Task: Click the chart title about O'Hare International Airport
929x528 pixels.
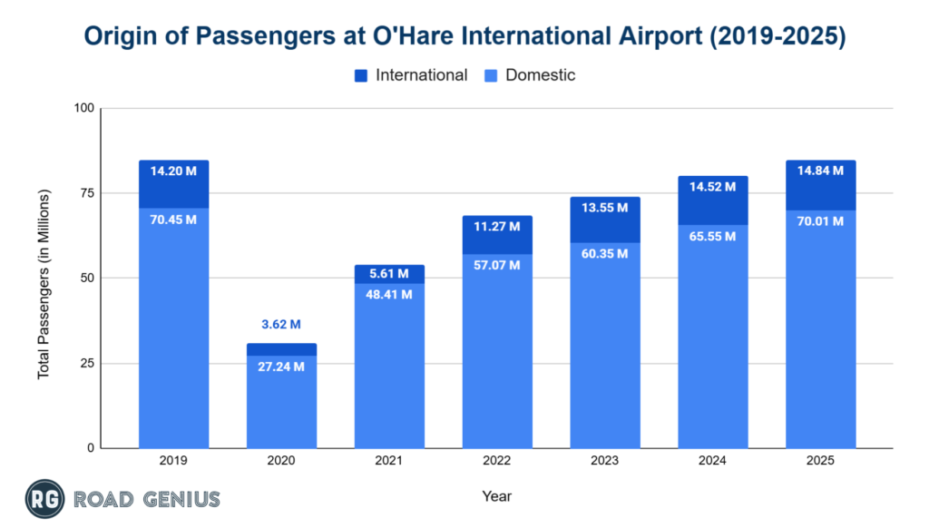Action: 464,36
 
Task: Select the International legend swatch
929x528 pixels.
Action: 360,76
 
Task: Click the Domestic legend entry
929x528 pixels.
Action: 540,76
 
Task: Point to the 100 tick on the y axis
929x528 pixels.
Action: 83,109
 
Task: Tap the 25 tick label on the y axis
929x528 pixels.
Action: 87,364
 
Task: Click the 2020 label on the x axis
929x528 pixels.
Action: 281,461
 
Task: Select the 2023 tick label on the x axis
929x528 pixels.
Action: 605,461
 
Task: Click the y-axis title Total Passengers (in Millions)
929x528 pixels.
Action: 44,284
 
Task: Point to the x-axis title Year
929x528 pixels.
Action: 496,496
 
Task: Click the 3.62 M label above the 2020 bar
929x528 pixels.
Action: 281,324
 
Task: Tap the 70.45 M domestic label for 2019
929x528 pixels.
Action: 173,220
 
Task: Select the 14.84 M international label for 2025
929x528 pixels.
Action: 820,171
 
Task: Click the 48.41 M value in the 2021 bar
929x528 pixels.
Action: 389,294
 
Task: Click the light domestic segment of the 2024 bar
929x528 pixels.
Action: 713,345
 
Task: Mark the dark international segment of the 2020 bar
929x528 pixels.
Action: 281,349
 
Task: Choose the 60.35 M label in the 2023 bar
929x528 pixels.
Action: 605,253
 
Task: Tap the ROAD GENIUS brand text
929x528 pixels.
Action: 147,498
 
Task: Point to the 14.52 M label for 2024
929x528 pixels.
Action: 713,186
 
